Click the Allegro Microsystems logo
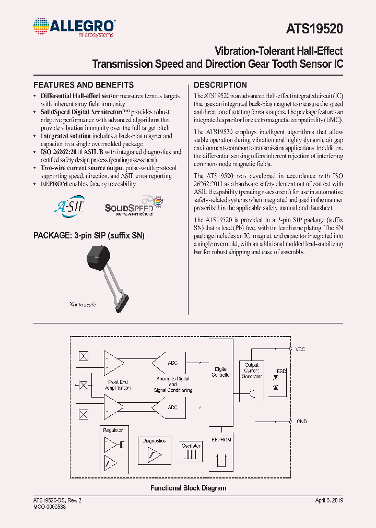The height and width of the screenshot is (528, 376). click(74, 27)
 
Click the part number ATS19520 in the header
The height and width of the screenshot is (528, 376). click(315, 29)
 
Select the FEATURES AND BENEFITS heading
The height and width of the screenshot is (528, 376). click(84, 85)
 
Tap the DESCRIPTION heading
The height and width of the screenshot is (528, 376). click(220, 85)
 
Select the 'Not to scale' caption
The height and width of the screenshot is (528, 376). click(83, 304)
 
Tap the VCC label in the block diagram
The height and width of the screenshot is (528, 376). click(301, 349)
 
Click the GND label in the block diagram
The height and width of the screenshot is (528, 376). click(301, 422)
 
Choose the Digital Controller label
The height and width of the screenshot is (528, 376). click(221, 372)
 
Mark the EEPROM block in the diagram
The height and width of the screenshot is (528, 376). click(221, 451)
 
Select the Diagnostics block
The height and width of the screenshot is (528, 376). click(154, 451)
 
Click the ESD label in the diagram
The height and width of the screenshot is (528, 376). click(281, 371)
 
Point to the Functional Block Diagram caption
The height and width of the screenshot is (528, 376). click(189, 488)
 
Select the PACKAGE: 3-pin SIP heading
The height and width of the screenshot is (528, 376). click(89, 236)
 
